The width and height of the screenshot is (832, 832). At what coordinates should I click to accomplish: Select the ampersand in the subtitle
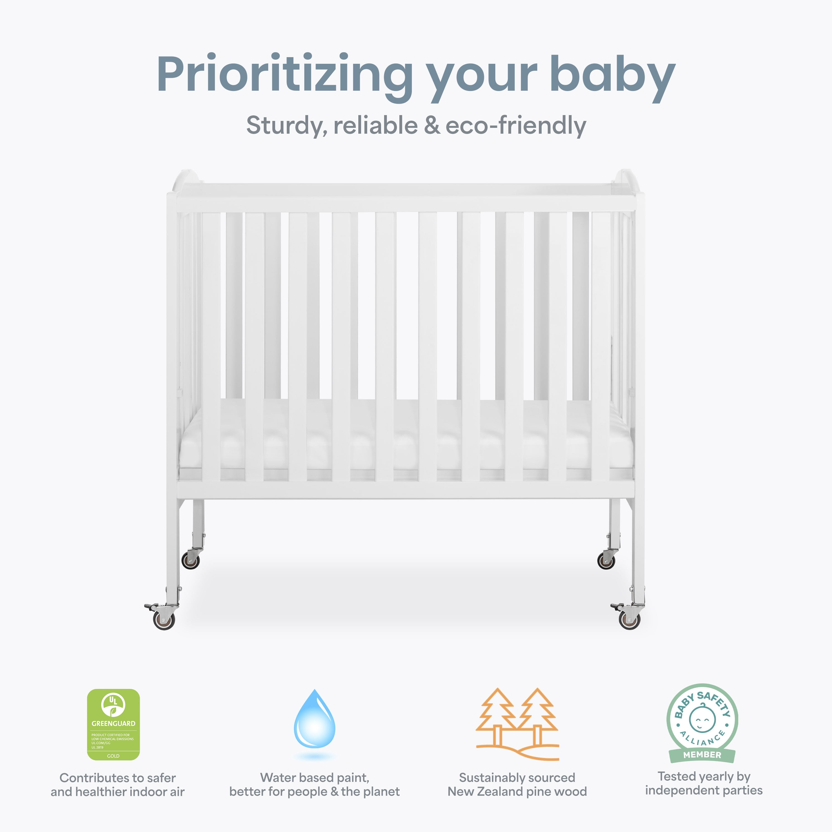click(x=432, y=125)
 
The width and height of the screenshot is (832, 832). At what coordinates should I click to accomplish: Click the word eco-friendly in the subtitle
click(x=516, y=126)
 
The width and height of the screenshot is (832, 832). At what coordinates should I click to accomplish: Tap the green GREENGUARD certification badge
click(x=113, y=724)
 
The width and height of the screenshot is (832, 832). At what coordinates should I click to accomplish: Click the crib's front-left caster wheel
click(x=164, y=621)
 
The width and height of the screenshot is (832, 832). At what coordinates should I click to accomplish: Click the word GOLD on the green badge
click(x=113, y=756)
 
